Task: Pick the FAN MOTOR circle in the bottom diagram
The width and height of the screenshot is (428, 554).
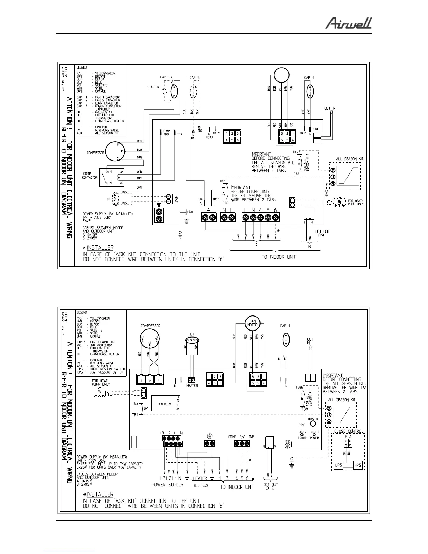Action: click(252, 322)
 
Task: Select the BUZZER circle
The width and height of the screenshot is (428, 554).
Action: click(313, 424)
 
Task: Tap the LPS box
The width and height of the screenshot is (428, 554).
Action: click(338, 465)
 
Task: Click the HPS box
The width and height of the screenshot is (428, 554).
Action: click(357, 465)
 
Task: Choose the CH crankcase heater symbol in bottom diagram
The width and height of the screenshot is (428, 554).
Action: click(192, 340)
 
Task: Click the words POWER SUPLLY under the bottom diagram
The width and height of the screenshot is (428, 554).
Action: click(167, 485)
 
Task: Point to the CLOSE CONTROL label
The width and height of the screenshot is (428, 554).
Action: click(348, 431)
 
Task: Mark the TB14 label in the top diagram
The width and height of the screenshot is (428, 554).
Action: click(199, 199)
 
